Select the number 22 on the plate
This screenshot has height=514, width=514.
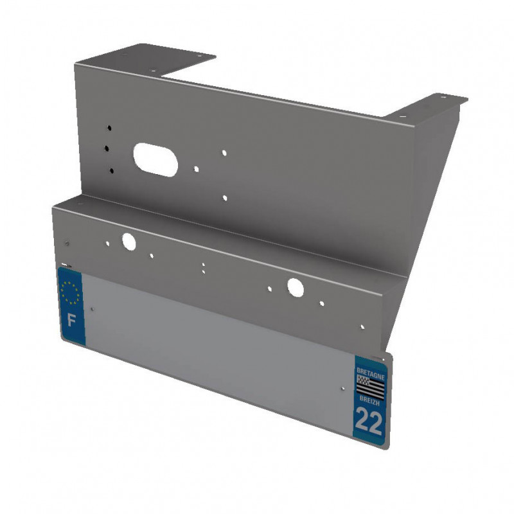point(368,421)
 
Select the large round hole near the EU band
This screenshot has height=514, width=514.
point(128,242)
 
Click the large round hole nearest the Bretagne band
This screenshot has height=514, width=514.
point(296,287)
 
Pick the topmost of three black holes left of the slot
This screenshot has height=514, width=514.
point(109,128)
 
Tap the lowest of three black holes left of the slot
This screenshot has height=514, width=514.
point(112,170)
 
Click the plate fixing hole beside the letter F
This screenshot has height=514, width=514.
point(93,309)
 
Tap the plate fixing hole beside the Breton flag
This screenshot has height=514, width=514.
point(342,387)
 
